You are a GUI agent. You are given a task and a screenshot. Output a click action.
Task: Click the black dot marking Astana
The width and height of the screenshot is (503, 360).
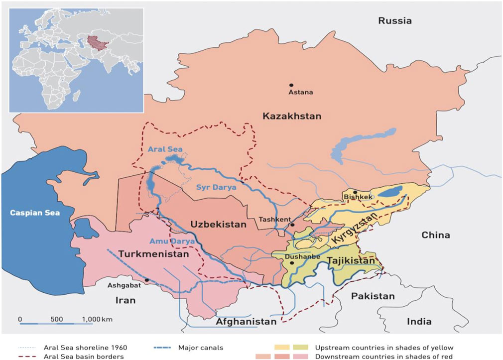(291, 85)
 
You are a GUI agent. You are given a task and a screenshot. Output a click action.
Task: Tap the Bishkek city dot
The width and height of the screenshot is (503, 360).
(355, 192)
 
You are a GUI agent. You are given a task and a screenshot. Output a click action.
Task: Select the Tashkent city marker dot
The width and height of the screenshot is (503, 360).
(292, 225)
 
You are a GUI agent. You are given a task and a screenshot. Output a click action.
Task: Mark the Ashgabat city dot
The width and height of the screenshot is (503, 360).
(147, 280)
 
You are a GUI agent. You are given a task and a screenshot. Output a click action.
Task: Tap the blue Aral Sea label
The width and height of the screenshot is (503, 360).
(165, 149)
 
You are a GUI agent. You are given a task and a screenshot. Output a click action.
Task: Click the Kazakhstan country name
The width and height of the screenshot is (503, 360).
(292, 116)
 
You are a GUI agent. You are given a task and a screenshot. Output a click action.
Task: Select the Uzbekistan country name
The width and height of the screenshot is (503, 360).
(218, 225)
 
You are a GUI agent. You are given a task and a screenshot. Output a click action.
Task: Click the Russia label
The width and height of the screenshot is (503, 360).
(395, 20)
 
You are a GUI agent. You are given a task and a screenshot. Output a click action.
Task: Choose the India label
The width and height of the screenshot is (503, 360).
(419, 322)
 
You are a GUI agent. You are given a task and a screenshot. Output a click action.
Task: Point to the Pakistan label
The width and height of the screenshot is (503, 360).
(373, 296)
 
